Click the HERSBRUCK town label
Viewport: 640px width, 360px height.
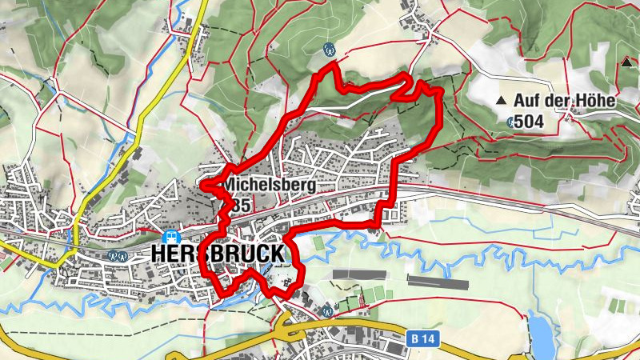click(217, 254)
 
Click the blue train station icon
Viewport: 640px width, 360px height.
click(170, 237)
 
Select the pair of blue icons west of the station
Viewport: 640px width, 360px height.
click(118, 256)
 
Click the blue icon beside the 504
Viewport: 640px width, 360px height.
click(511, 122)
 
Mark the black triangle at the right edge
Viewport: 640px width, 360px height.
click(626, 62)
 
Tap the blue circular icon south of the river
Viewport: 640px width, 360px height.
click(327, 310)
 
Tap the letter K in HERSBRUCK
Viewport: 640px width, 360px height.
click(274, 254)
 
